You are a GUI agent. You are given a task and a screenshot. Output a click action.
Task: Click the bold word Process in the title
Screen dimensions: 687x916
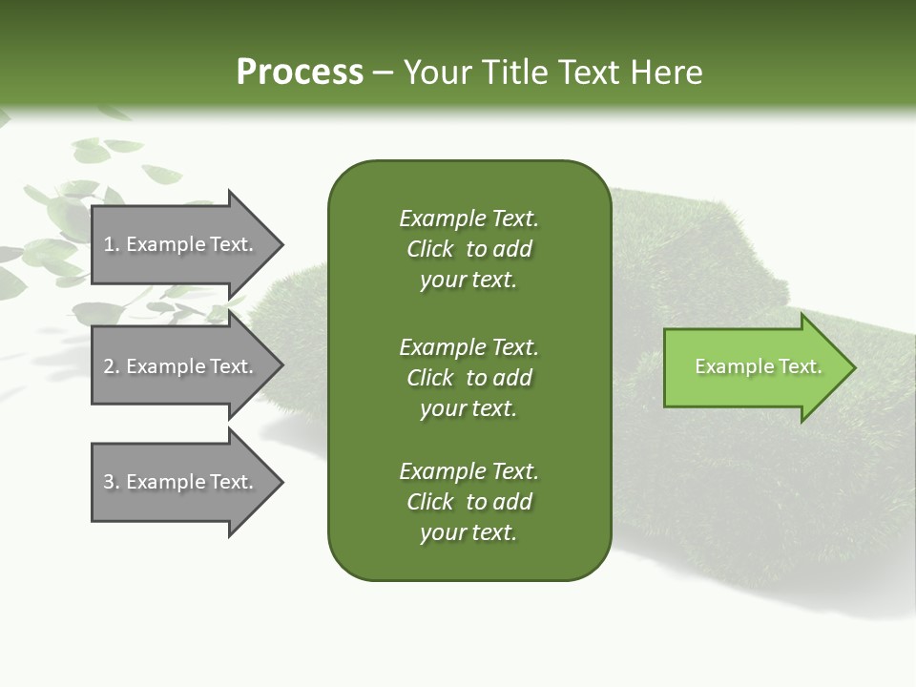coord(300,73)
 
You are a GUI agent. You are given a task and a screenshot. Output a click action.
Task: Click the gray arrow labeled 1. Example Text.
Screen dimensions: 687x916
coord(181,244)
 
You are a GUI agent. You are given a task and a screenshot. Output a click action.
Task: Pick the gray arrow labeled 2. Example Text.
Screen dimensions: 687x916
coord(181,366)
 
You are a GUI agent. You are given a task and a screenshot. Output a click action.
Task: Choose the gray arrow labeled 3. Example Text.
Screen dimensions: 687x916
coord(181,482)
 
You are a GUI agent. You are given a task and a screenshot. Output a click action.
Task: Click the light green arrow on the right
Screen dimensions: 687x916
coord(754,367)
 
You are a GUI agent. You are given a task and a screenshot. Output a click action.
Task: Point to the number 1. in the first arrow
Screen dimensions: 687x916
coord(112,245)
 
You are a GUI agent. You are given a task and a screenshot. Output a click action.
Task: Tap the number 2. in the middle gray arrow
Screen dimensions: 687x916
coord(112,367)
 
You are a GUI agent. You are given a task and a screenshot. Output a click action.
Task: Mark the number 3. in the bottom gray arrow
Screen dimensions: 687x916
coord(112,483)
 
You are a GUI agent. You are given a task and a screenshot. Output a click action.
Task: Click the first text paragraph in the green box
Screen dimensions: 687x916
coord(468,249)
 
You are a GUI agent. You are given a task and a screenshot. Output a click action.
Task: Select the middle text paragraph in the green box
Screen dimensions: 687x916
coord(468,378)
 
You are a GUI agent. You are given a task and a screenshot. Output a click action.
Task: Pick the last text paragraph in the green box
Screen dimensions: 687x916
coord(468,502)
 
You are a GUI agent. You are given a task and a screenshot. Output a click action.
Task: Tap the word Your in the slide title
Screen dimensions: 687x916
coord(436,73)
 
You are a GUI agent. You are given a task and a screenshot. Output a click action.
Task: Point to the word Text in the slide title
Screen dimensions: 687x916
coord(587,73)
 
